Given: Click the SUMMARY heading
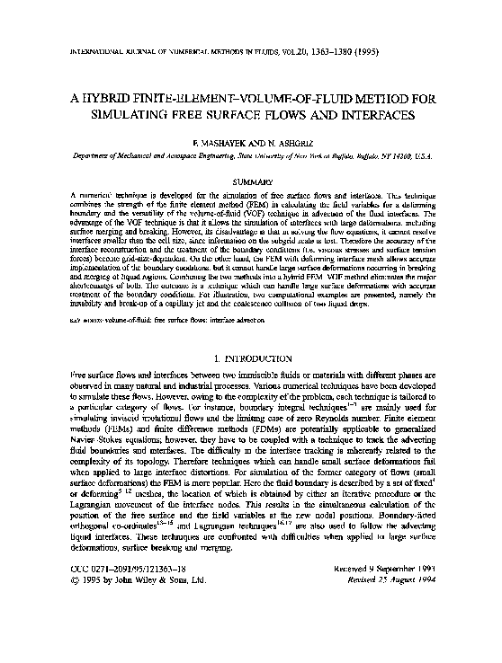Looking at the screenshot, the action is click(x=250, y=181).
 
